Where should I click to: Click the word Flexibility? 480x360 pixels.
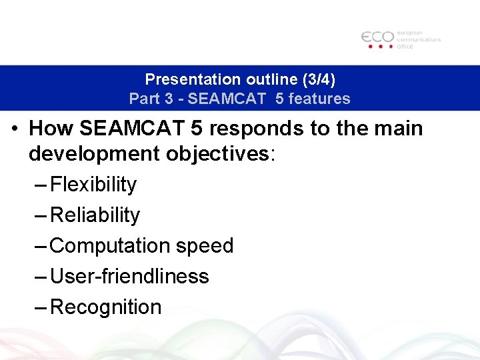[x=93, y=185]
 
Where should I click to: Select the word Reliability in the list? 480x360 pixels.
[x=95, y=215]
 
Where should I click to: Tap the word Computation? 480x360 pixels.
[x=111, y=246]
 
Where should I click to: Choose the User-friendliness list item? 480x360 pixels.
[x=129, y=276]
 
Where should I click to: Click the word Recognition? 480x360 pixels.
[x=106, y=307]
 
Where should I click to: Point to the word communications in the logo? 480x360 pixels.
[x=419, y=39]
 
